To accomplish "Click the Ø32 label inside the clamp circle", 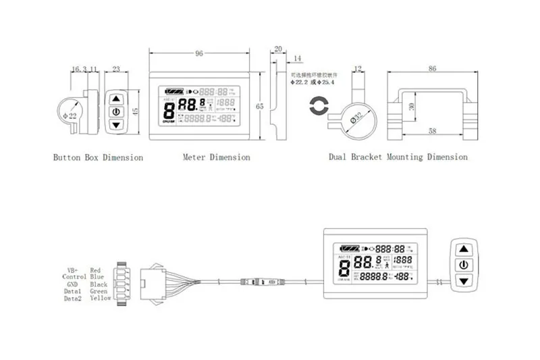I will coord(358,119).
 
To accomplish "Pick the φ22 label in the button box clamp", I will coord(69,113).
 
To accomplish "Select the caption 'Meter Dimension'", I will coord(216,157).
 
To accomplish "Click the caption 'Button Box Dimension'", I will coord(98,157).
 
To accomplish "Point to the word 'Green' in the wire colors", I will coord(99,291).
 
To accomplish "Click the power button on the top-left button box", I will coord(116,111).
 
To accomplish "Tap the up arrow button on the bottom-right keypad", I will coord(464,249).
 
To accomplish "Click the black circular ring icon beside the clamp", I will coord(317,108).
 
